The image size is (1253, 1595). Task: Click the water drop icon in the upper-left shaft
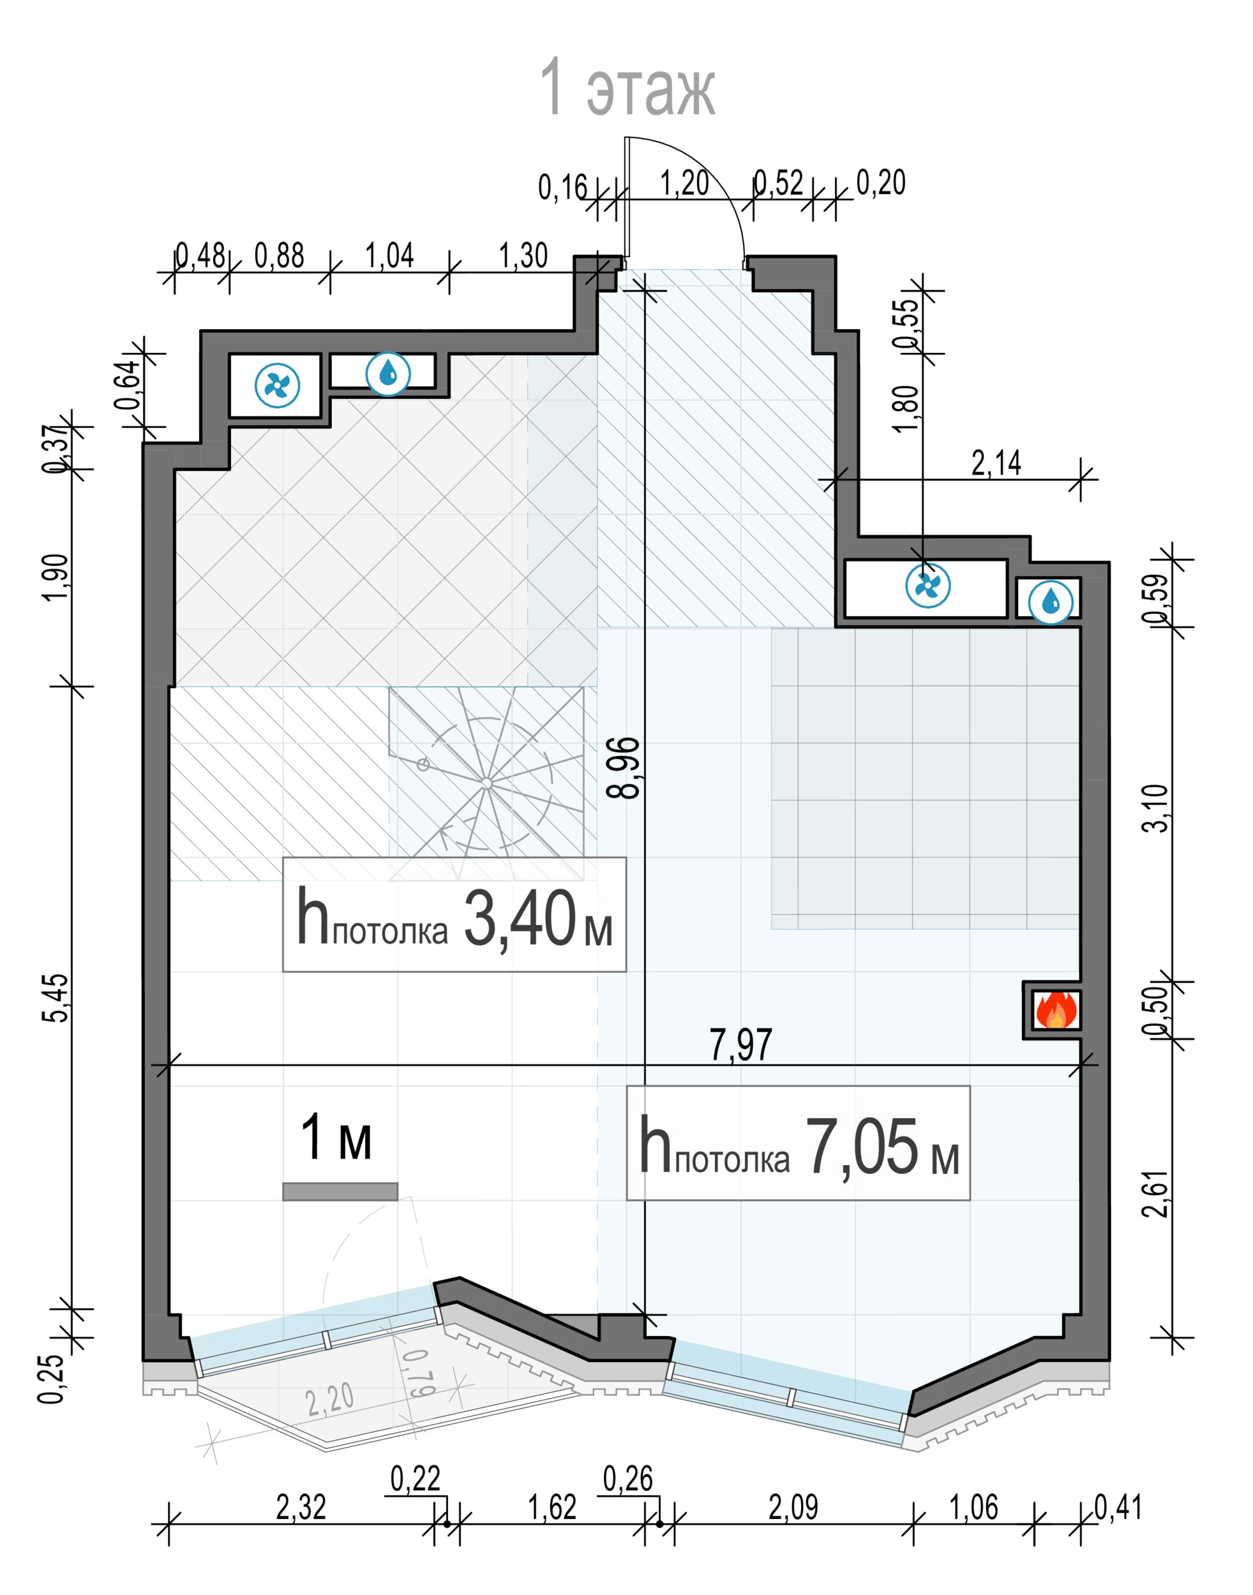pyautogui.click(x=388, y=374)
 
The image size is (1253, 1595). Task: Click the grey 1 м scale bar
pyautogui.click(x=340, y=1192)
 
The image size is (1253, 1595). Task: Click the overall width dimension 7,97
pyautogui.click(x=741, y=1045)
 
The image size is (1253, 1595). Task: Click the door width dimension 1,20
pyautogui.click(x=684, y=182)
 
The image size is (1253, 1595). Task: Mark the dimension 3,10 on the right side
pyautogui.click(x=1156, y=808)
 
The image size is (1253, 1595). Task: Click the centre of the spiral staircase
pyautogui.click(x=486, y=783)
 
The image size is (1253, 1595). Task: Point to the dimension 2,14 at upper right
pyautogui.click(x=996, y=463)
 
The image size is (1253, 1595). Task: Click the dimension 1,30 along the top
pyautogui.click(x=523, y=256)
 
